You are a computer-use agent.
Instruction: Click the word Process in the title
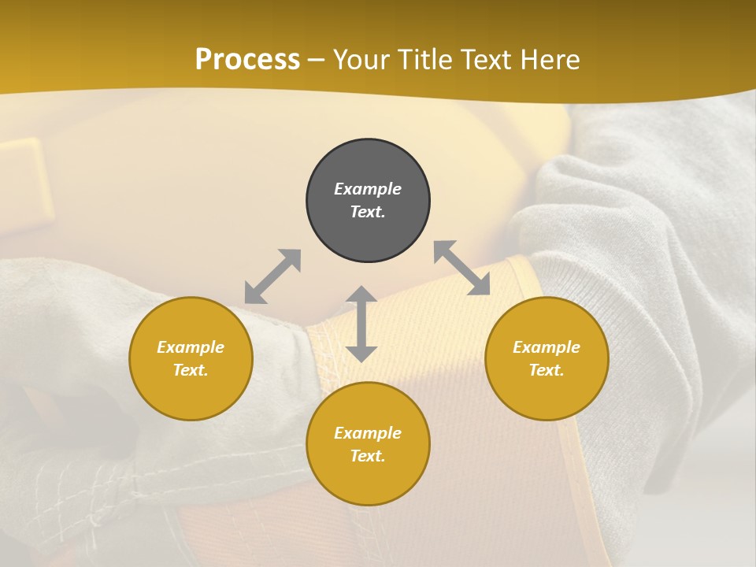(x=247, y=60)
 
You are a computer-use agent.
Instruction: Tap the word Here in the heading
(x=549, y=60)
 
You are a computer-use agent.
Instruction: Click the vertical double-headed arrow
(x=361, y=324)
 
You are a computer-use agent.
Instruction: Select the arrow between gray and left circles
(x=272, y=276)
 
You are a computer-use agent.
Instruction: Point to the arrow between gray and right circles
(x=462, y=268)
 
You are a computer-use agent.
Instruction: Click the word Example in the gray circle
(x=368, y=189)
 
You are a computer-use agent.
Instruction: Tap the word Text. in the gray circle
(x=368, y=212)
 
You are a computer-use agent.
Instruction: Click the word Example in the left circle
(x=191, y=347)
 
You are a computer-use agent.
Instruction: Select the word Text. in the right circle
(x=547, y=370)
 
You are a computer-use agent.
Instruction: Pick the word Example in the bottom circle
(x=368, y=433)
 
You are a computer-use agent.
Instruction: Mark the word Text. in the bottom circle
(x=368, y=456)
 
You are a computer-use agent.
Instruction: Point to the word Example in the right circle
(x=547, y=347)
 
